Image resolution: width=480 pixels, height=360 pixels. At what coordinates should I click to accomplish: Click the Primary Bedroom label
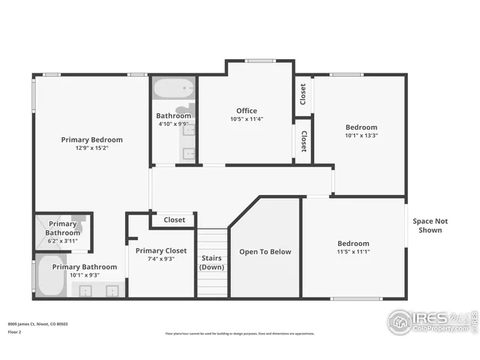[91, 139]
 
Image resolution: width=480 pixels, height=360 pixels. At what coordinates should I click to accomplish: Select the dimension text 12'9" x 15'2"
[91, 148]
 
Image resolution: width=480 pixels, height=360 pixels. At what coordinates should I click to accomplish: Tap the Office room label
[247, 111]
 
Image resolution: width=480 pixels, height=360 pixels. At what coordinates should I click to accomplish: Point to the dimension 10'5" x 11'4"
[247, 119]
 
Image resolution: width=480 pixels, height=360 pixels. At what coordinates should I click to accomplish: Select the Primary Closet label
[161, 250]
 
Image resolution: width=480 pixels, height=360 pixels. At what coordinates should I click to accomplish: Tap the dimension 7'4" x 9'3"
[161, 259]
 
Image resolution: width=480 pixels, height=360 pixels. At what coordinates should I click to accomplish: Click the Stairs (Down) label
[211, 262]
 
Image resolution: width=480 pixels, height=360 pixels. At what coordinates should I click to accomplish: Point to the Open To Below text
[265, 252]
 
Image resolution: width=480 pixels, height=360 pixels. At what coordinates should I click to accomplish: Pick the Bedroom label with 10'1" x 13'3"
[361, 127]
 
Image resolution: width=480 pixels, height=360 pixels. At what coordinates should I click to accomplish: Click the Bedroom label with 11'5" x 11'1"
[352, 244]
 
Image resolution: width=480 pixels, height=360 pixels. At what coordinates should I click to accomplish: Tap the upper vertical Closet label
[303, 94]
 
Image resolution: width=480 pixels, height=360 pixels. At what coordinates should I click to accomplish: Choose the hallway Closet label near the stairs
[174, 220]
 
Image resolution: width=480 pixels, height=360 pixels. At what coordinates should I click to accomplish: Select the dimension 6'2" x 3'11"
[62, 241]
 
